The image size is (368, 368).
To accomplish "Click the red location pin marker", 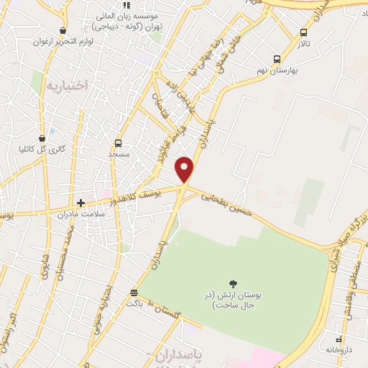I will coord(185,169).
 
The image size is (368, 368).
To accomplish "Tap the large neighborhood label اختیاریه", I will coord(66,85).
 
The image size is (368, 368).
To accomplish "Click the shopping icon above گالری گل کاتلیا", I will coord(42,137).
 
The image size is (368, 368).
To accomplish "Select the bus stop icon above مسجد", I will coord(119,143).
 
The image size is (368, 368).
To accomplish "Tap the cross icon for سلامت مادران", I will coord(80,203).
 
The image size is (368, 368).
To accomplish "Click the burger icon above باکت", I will coord(134,293).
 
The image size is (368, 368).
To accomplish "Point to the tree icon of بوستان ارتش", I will coord(234,284).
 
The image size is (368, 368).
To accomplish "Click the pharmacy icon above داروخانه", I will coord(339,339).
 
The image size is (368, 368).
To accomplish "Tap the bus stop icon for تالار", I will coord(304,32).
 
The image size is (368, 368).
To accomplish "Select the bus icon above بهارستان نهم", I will coord(277,60).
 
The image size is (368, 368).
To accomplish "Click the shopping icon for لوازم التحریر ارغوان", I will coord(64,31).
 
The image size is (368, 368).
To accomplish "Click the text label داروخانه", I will coord(340,349).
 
